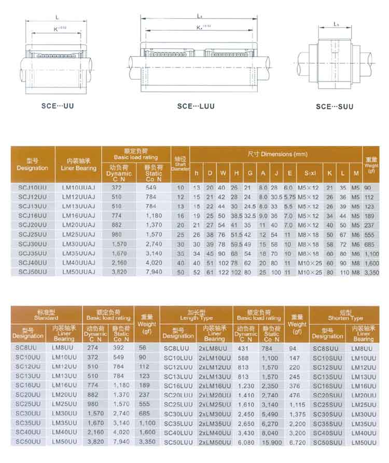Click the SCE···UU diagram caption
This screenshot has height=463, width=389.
coord(58,106)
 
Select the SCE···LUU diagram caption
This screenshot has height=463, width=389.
coord(196,106)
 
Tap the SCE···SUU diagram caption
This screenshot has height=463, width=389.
coord(335,106)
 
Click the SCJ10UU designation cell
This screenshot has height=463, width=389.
coord(32,187)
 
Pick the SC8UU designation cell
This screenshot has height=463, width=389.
coord(26,348)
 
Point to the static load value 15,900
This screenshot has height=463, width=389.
coord(272,442)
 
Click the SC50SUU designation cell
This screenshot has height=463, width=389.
coord(328,442)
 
